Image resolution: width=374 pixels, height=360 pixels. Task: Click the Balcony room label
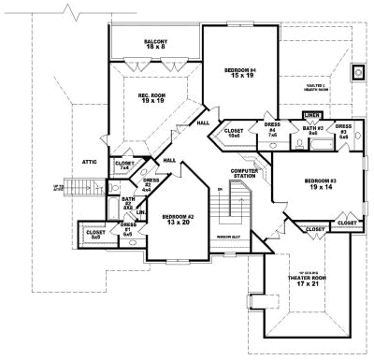tap(155, 42)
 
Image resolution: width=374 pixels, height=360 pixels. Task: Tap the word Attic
tap(90, 161)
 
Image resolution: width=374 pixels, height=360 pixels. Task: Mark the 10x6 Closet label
tap(235, 133)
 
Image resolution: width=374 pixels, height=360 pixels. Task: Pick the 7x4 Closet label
tap(124, 166)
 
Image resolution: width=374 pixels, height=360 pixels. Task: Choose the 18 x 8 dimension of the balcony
tap(155, 49)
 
